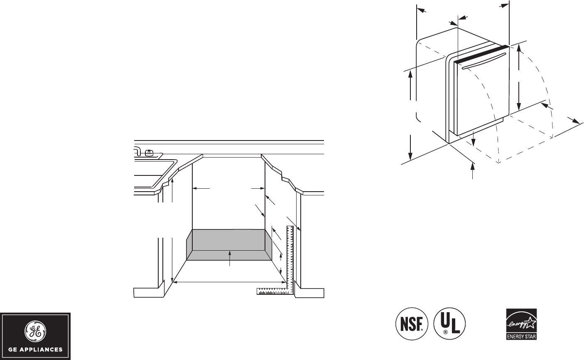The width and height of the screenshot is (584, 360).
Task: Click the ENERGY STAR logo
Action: point(521,324)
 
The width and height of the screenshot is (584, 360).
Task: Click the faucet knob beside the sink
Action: point(149,152)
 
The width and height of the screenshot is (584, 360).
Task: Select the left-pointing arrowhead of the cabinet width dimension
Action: point(195,188)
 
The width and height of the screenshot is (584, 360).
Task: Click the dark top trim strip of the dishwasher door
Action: point(482,54)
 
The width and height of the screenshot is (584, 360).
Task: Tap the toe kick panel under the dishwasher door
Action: point(482,127)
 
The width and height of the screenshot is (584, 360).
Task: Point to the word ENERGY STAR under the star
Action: point(521,336)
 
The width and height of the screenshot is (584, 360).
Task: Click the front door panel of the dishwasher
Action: point(482,96)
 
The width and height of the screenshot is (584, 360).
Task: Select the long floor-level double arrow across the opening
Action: point(228,282)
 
